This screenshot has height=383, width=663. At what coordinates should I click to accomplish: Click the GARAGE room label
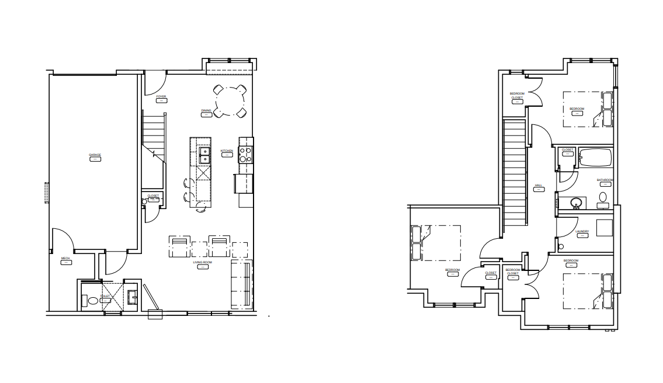coord(95,155)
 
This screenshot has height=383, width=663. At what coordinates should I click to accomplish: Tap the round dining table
coord(230,102)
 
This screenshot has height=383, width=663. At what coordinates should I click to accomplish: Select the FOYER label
coord(161,96)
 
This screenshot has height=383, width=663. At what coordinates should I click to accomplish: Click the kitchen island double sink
coord(203,155)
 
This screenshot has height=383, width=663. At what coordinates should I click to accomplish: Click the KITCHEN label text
coord(227,151)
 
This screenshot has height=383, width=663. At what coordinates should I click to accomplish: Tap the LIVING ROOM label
coord(203,263)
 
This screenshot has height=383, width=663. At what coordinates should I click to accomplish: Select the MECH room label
coord(65,258)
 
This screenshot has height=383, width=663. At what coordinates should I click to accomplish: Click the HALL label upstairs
coord(539,186)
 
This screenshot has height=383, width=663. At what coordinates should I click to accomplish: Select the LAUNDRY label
coord(582,232)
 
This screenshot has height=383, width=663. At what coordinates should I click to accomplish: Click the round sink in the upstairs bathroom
coord(576,203)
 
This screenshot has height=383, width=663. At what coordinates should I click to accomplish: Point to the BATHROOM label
coord(605,180)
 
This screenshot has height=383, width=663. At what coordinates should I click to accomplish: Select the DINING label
coord(206,110)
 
